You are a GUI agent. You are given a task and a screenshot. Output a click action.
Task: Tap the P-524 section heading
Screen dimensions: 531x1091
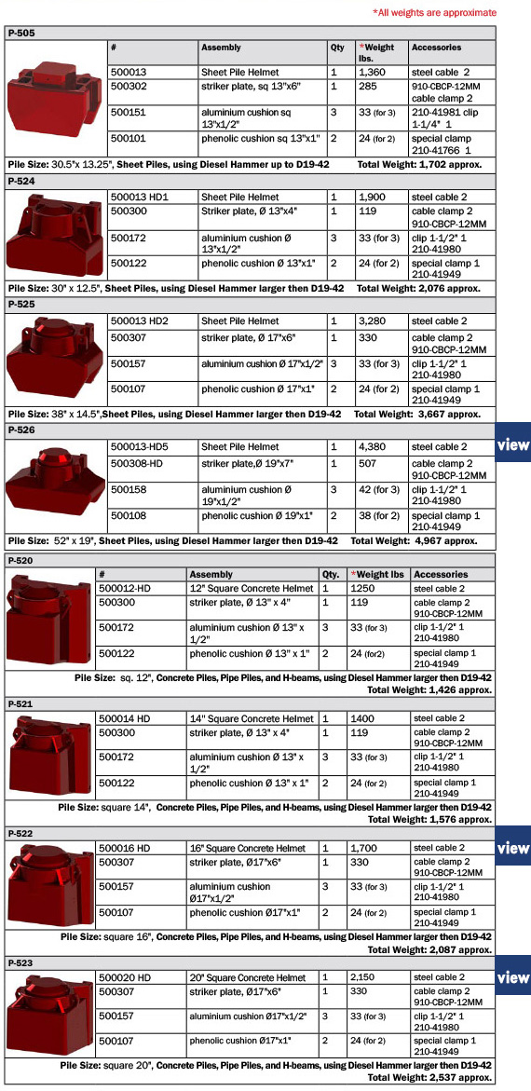click(x=20, y=182)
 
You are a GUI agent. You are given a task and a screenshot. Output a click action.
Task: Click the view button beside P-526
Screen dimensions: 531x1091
click(x=513, y=445)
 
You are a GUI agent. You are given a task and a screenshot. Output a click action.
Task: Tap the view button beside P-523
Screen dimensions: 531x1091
click(x=513, y=977)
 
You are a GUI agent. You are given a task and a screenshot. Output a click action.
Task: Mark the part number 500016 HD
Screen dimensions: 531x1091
click(x=124, y=848)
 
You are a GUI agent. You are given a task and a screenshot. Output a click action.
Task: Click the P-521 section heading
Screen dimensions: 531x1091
click(x=20, y=704)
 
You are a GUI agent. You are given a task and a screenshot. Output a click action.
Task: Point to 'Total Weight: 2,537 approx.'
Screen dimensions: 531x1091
click(x=429, y=1078)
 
